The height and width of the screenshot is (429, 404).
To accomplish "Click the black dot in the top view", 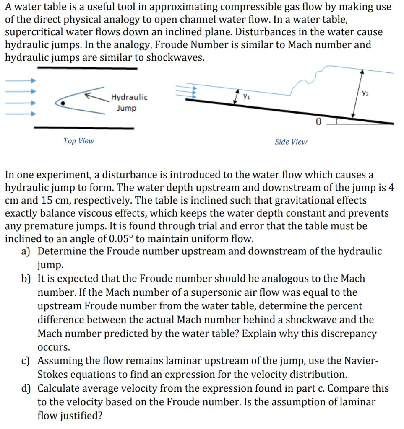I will (63, 102).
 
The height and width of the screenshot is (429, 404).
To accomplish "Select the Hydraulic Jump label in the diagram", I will (129, 103).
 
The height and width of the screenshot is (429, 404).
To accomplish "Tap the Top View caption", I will (79, 141).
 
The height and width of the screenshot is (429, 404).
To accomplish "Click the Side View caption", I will (291, 142).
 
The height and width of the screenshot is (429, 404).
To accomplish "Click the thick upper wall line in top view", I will (87, 68).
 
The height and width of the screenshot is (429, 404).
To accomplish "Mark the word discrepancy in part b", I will (349, 334).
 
